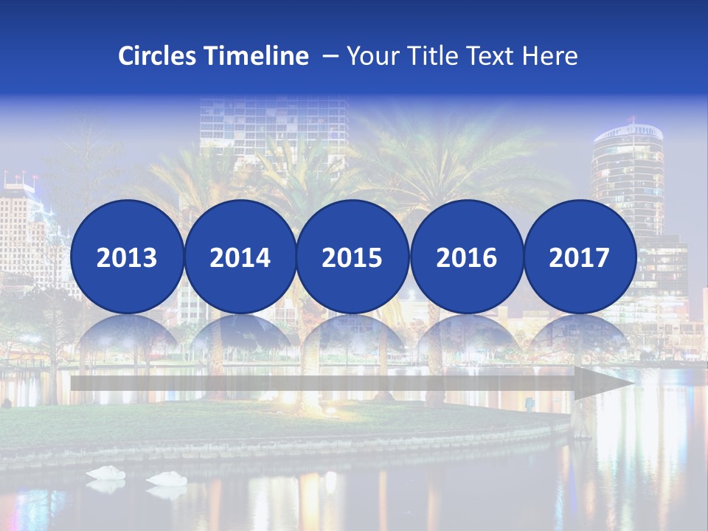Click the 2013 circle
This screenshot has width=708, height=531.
pyautogui.click(x=127, y=257)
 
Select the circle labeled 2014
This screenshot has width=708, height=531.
pyautogui.click(x=240, y=257)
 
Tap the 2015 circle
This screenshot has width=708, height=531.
pyautogui.click(x=353, y=257)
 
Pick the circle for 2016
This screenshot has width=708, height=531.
pyautogui.click(x=466, y=257)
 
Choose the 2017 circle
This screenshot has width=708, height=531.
pyautogui.click(x=580, y=257)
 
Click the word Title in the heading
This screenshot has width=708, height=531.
pyautogui.click(x=437, y=56)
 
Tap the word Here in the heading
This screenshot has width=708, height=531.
pyautogui.click(x=550, y=56)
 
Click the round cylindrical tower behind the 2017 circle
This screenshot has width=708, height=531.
pyautogui.click(x=626, y=170)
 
